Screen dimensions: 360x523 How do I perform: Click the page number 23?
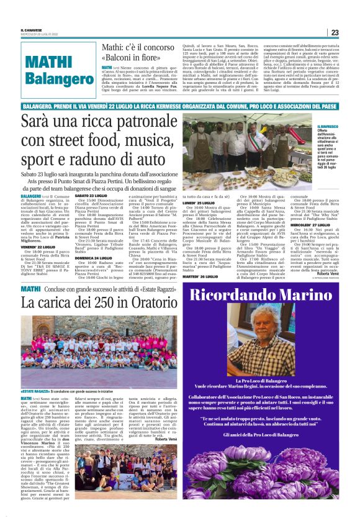(x=334, y=32)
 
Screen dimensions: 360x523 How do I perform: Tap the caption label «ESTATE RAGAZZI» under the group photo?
(x=38, y=391)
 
